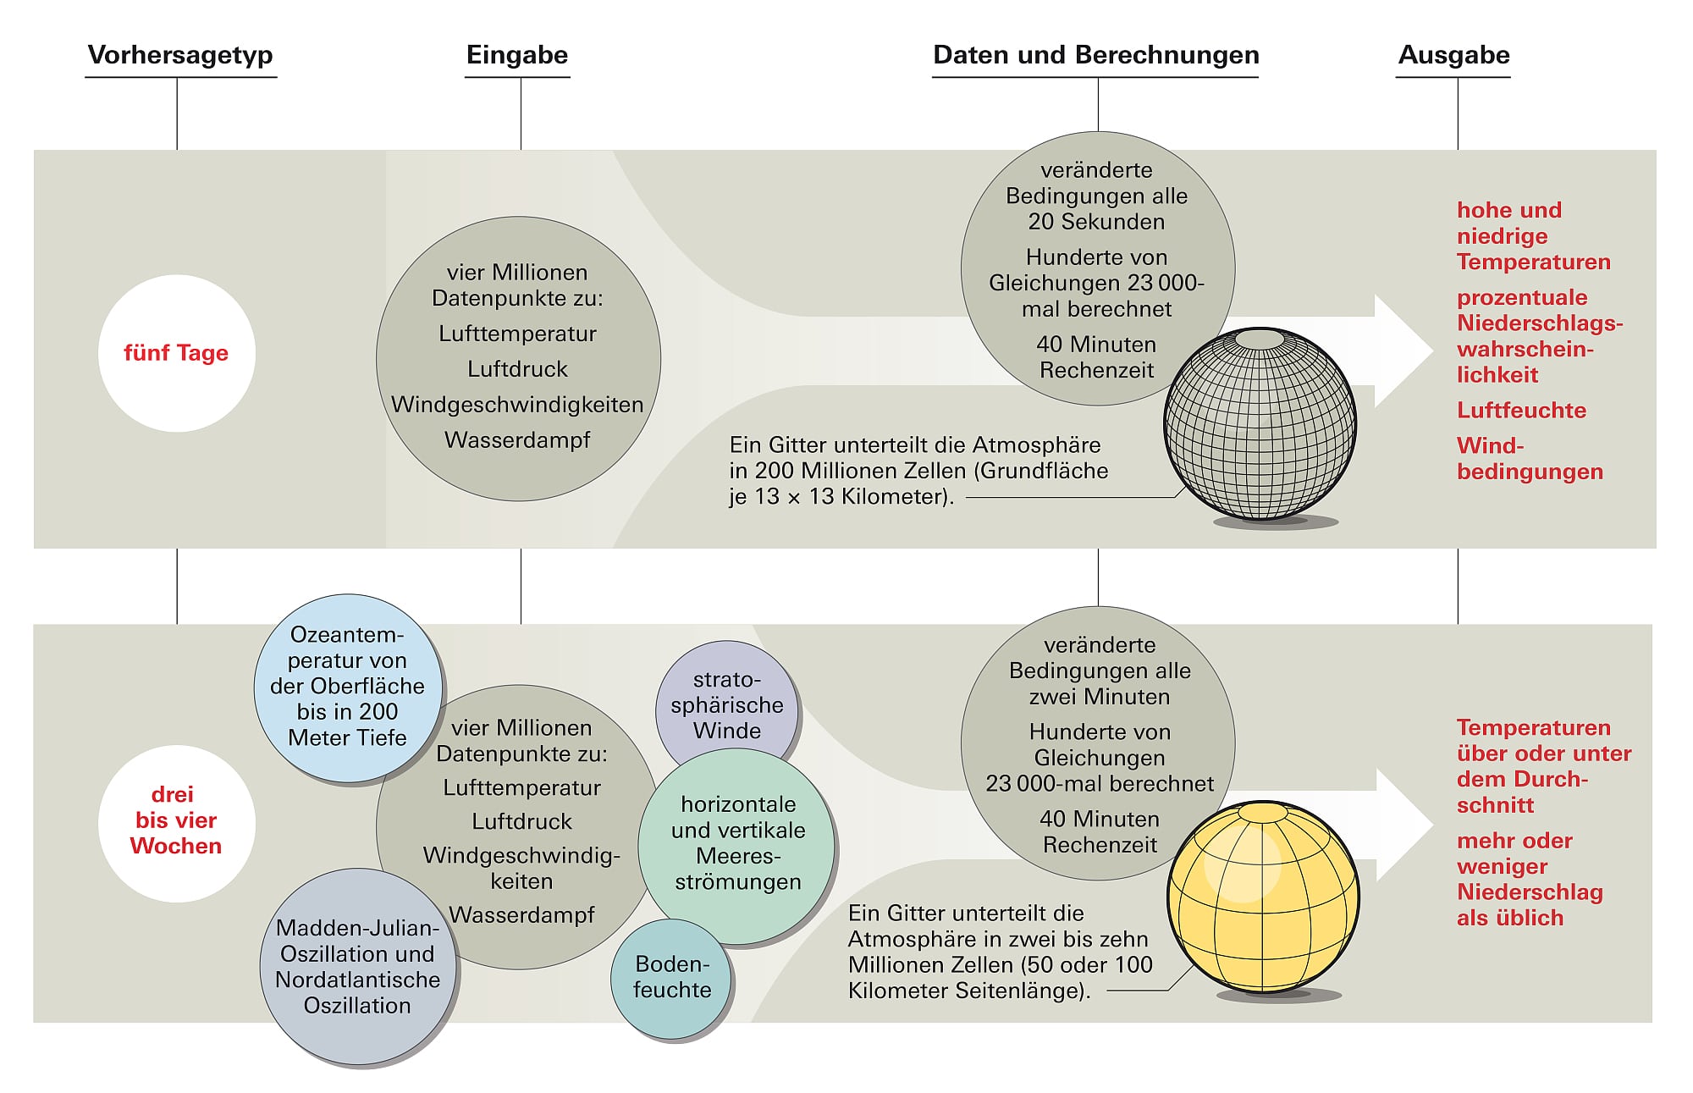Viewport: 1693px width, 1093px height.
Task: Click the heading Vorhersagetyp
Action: pyautogui.click(x=180, y=55)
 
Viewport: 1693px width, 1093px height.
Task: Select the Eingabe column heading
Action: pyautogui.click(x=517, y=55)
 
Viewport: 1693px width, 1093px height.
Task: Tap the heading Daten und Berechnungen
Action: pyautogui.click(x=1095, y=55)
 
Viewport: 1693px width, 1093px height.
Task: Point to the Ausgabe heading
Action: pyautogui.click(x=1453, y=55)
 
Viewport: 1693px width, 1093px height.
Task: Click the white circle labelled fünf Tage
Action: pyautogui.click(x=176, y=353)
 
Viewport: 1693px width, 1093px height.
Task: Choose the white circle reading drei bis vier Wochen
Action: pyautogui.click(x=176, y=821)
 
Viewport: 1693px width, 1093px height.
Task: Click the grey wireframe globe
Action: pyautogui.click(x=1260, y=423)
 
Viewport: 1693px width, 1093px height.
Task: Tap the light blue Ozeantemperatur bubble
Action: pyautogui.click(x=347, y=687)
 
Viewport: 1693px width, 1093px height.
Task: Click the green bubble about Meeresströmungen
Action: pyautogui.click(x=737, y=843)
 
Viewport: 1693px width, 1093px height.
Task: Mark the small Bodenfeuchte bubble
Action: pyautogui.click(x=672, y=977)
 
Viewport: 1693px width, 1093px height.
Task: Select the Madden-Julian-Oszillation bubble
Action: pyautogui.click(x=357, y=967)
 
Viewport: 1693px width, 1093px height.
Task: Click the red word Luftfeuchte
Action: pyautogui.click(x=1521, y=411)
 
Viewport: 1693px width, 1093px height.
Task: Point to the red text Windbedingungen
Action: pyautogui.click(x=1529, y=459)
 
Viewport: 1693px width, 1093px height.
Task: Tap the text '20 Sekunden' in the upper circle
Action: pyautogui.click(x=1096, y=222)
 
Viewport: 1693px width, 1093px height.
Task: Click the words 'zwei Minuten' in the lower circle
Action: pyautogui.click(x=1100, y=697)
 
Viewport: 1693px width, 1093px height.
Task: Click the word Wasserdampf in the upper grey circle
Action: pyautogui.click(x=517, y=440)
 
